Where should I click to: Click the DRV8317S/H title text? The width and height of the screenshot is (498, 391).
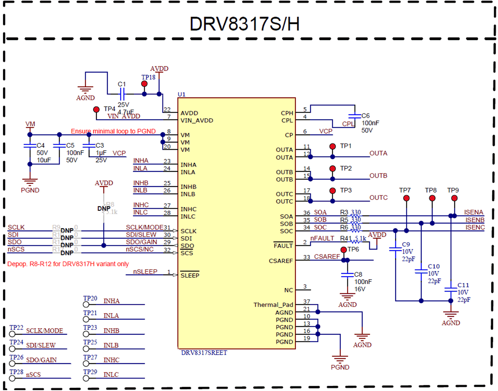(x=245, y=24)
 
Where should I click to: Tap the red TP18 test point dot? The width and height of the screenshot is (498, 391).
(x=144, y=84)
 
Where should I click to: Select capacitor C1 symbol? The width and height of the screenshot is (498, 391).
(x=122, y=94)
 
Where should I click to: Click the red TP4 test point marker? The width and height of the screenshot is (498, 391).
(x=96, y=109)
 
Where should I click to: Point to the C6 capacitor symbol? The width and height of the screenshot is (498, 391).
(x=355, y=116)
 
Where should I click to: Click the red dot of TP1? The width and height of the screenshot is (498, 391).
(x=333, y=146)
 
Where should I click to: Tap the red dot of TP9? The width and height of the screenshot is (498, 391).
(x=454, y=198)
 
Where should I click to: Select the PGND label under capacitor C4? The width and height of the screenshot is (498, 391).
(x=30, y=190)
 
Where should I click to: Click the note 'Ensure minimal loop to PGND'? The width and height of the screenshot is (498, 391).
(x=113, y=131)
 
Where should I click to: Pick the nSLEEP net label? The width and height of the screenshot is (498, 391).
(x=145, y=272)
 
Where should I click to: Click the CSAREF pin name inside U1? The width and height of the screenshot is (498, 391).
(x=280, y=261)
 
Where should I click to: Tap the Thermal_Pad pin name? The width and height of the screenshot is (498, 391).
(x=273, y=305)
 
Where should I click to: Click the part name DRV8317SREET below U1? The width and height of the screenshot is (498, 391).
(x=204, y=353)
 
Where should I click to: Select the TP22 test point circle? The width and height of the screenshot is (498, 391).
(x=12, y=334)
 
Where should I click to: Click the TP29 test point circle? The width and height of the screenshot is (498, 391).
(x=86, y=378)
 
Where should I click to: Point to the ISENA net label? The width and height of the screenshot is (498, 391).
(x=473, y=212)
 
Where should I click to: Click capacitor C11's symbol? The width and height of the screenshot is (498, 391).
(x=451, y=290)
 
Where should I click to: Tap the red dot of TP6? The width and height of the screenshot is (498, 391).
(x=343, y=250)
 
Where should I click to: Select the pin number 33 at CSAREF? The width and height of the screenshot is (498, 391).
(x=307, y=257)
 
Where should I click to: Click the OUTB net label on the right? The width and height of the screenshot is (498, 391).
(x=378, y=176)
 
